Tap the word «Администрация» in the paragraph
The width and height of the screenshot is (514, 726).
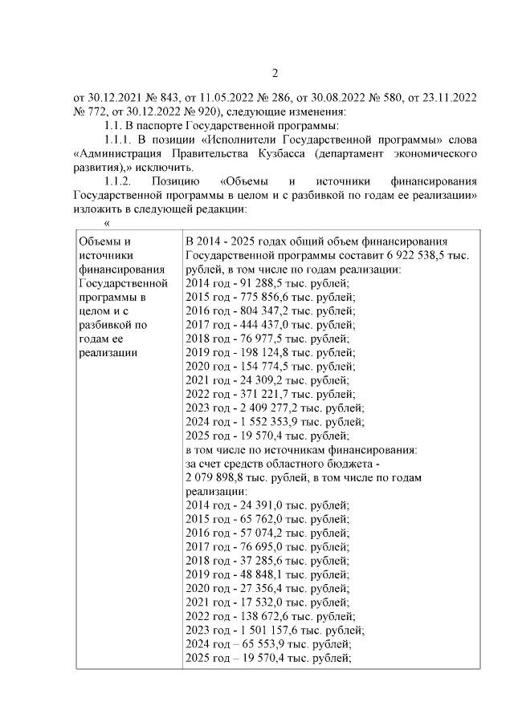pos(112,153)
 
